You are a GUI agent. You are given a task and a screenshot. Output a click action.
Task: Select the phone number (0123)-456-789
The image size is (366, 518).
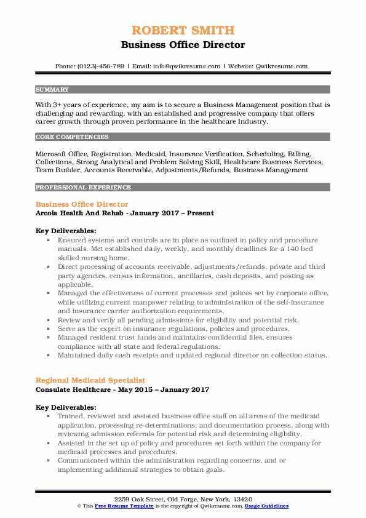tap(103, 66)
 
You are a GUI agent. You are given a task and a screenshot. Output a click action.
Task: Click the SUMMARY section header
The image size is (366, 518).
tap(52, 90)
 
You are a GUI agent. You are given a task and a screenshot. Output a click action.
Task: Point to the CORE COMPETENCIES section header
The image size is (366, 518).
tap(66, 136)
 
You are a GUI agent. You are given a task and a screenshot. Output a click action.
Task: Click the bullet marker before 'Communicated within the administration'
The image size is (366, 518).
tap(49, 460)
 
